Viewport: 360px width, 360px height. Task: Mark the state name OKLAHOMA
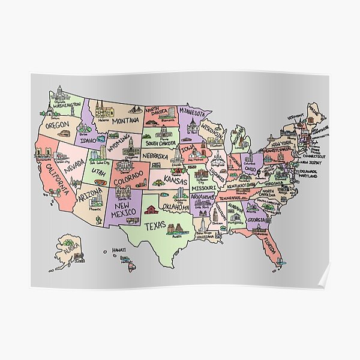coord(177,208)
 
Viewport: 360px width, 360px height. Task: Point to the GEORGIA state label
coord(257,220)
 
